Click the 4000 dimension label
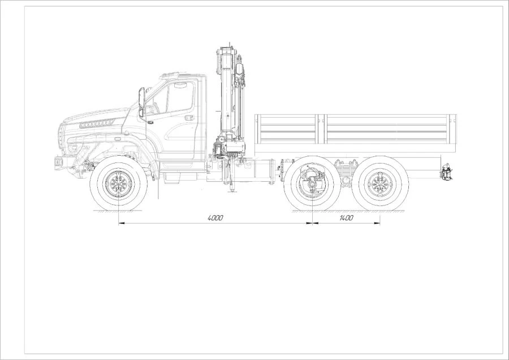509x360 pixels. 215,218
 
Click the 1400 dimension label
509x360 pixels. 346,218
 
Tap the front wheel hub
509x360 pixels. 119,183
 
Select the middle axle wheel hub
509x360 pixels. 312,184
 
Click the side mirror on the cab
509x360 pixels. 141,102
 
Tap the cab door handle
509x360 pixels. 188,117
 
